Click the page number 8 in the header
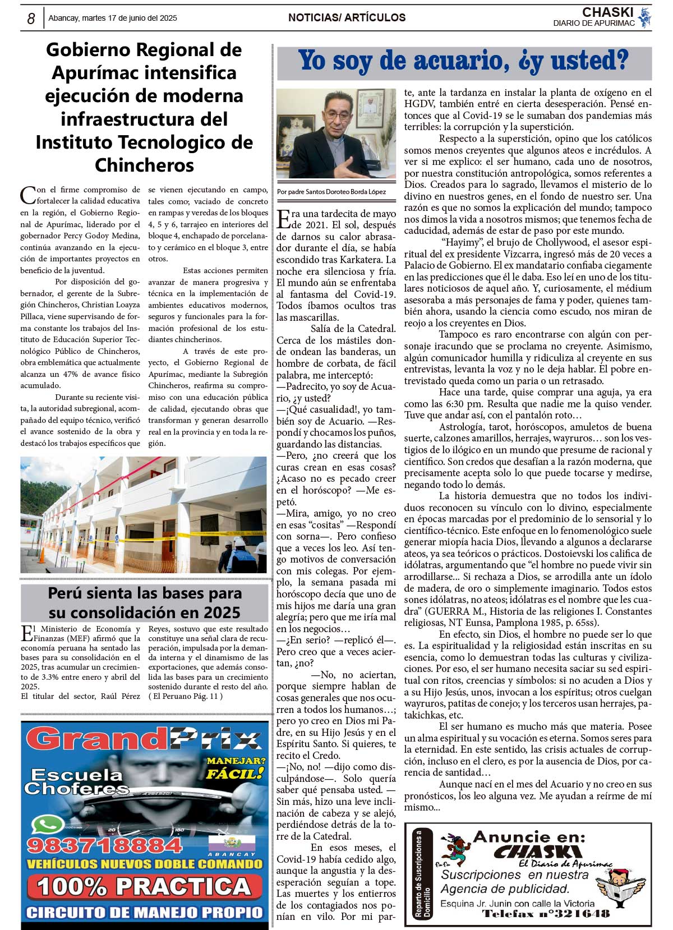click(x=31, y=19)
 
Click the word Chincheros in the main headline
click(x=144, y=165)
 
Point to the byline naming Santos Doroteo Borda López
click(x=331, y=192)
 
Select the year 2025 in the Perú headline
click(x=220, y=613)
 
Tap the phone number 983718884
click(x=104, y=845)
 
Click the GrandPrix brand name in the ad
click(x=142, y=739)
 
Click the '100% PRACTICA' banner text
click(x=144, y=886)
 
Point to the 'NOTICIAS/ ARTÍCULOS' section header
click(x=347, y=18)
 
